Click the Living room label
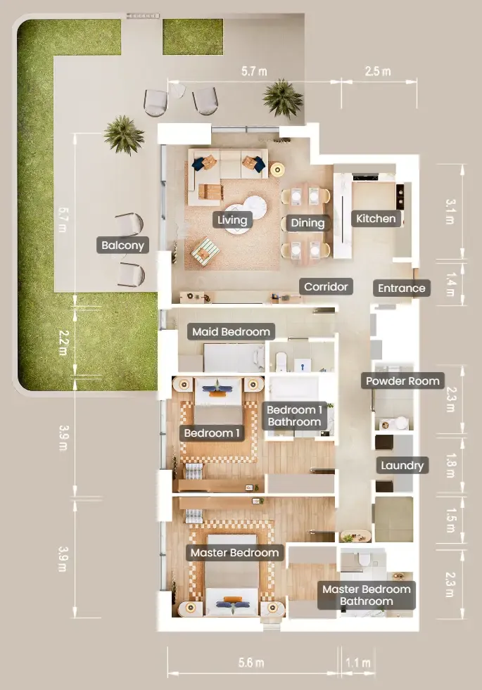232,219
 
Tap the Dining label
307,223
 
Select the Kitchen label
376,218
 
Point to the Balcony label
123,245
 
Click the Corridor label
326,286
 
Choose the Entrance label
402,288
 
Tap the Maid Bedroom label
231,331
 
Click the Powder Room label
402,381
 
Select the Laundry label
402,465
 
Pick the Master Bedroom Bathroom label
367,595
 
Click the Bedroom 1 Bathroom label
295,416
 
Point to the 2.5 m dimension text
378,71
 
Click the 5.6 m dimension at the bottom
251,663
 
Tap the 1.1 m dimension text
358,663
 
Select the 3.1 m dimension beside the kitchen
450,212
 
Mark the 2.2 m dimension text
63,343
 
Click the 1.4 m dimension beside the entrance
450,284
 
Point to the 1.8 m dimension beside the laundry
450,466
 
